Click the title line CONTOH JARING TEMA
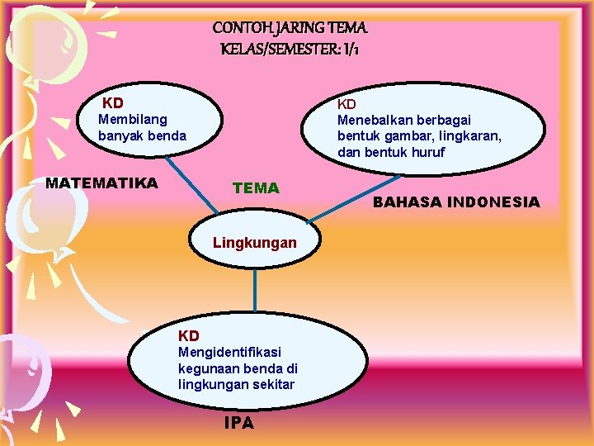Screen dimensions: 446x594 [x=290, y=28]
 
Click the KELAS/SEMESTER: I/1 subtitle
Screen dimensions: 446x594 [x=290, y=50]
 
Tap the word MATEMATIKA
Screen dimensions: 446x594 [x=101, y=183]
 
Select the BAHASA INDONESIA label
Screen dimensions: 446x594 [x=456, y=202]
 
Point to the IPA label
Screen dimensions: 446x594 [x=239, y=423]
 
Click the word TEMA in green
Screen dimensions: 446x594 [x=256, y=187]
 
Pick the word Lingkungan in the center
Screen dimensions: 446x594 [x=254, y=243]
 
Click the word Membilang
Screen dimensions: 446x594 [x=132, y=119]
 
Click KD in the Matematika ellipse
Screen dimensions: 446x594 [x=113, y=103]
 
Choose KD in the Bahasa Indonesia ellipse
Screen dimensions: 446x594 [x=346, y=104]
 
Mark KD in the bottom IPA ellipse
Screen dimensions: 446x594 [x=189, y=336]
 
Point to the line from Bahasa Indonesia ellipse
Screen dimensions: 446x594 [x=355, y=198]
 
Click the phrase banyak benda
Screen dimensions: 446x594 [x=142, y=135]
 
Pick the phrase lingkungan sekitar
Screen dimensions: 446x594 [x=236, y=385]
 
